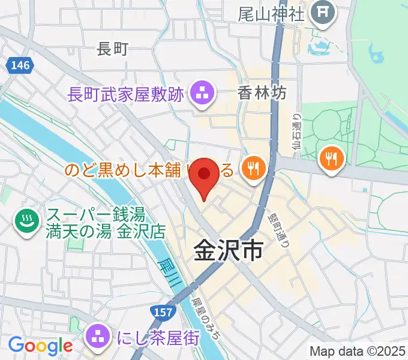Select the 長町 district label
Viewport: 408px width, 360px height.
[x=113, y=49]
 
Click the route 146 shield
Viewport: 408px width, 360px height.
[x=19, y=65]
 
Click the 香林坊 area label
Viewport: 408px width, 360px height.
[x=262, y=93]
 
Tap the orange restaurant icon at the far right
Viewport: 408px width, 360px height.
[x=331, y=158]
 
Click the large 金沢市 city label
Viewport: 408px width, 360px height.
[x=228, y=251]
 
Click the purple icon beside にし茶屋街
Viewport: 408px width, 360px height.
[x=97, y=337]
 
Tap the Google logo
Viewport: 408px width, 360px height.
[x=40, y=345]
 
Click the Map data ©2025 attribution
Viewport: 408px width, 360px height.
[x=358, y=351]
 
